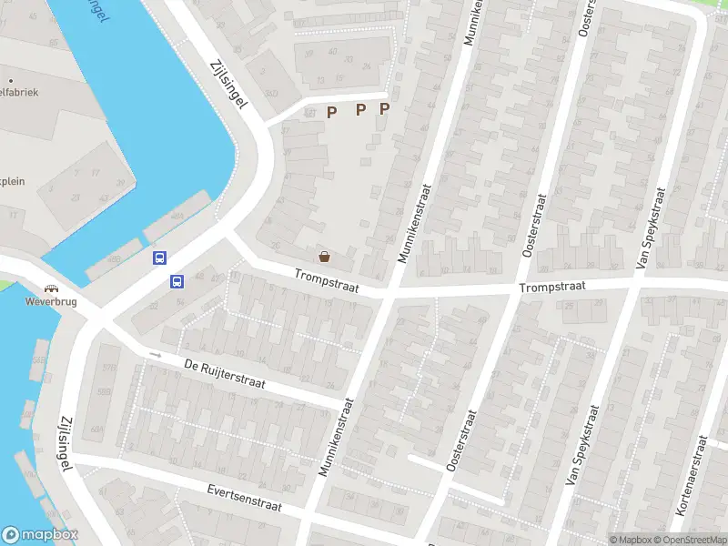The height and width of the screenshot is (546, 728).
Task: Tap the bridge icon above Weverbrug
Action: click(46, 288)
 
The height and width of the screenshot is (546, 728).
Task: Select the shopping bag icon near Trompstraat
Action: click(324, 257)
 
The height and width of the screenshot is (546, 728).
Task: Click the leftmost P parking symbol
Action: click(331, 112)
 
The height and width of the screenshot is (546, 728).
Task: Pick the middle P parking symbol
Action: click(360, 110)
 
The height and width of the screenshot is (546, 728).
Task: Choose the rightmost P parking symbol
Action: click(384, 109)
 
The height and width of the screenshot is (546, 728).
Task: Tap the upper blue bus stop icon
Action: click(160, 258)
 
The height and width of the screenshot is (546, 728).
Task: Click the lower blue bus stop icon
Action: click(177, 281)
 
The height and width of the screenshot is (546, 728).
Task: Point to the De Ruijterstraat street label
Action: click(224, 374)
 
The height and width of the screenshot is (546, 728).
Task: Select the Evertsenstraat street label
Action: click(243, 498)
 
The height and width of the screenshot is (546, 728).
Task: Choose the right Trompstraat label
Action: click(553, 287)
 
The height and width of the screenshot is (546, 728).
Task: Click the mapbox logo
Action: click(40, 535)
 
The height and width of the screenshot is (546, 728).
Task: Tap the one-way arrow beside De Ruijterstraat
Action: click(155, 355)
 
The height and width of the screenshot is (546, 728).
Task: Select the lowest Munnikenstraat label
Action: click(335, 438)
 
